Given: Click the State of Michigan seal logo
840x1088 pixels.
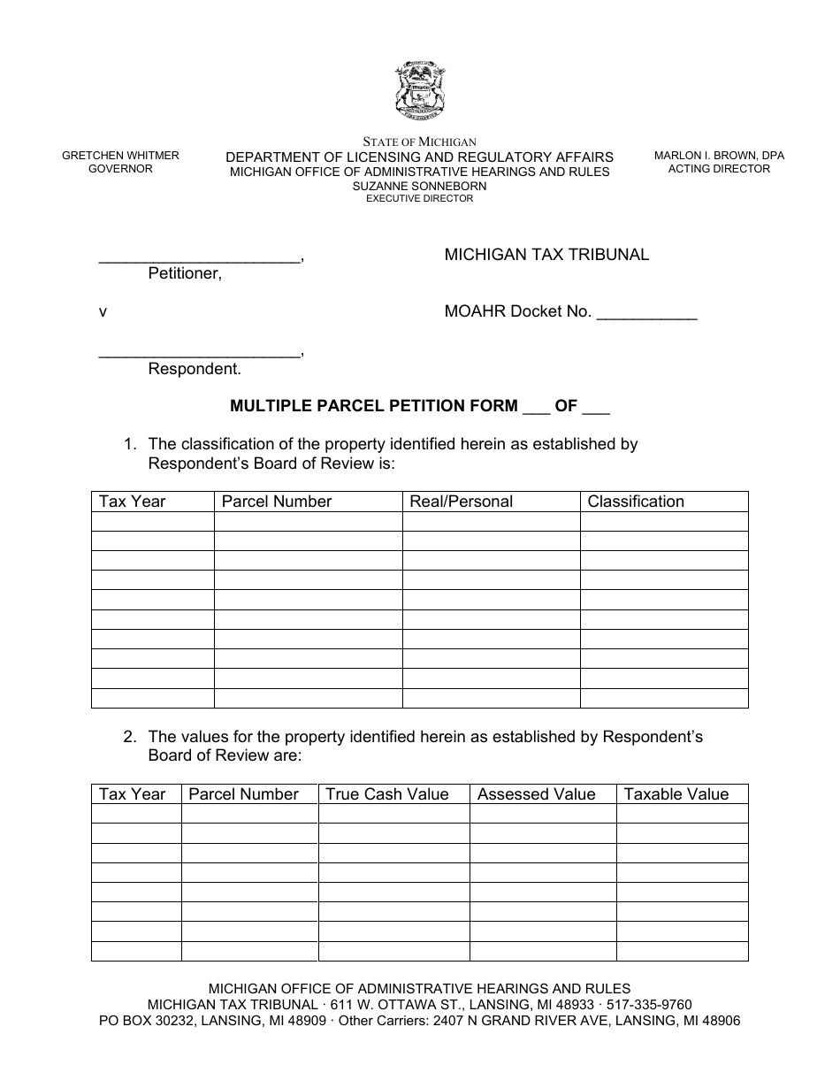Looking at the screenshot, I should coord(420,91).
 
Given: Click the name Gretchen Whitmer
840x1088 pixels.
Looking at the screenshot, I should coord(120,156).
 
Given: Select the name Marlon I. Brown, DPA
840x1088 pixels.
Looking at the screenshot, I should coord(719,156).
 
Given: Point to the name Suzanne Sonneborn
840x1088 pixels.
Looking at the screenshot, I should coord(420,187).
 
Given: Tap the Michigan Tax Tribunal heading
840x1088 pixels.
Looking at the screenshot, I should coord(546,255).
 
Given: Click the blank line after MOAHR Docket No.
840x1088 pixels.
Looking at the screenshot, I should coord(647,313).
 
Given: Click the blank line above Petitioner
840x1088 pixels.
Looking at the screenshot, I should coord(200,258).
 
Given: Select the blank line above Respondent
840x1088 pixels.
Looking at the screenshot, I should coord(200,354).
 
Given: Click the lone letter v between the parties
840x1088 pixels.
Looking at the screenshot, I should coord(103,311).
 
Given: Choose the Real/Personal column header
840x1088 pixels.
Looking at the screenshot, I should coord(461,502).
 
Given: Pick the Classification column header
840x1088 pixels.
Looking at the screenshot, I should coord(636,502).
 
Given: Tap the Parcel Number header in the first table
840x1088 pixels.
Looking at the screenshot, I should coord(277,502).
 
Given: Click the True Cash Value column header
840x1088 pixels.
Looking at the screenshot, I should coord(387,794).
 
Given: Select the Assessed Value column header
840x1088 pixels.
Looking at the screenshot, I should coord(537,794).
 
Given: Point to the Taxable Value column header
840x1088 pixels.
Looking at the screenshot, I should coord(676,794).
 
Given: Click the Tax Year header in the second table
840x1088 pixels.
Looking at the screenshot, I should coord(133,794).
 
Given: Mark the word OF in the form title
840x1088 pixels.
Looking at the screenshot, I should coord(566,406).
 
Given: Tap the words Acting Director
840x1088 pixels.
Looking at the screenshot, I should coord(719,169).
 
